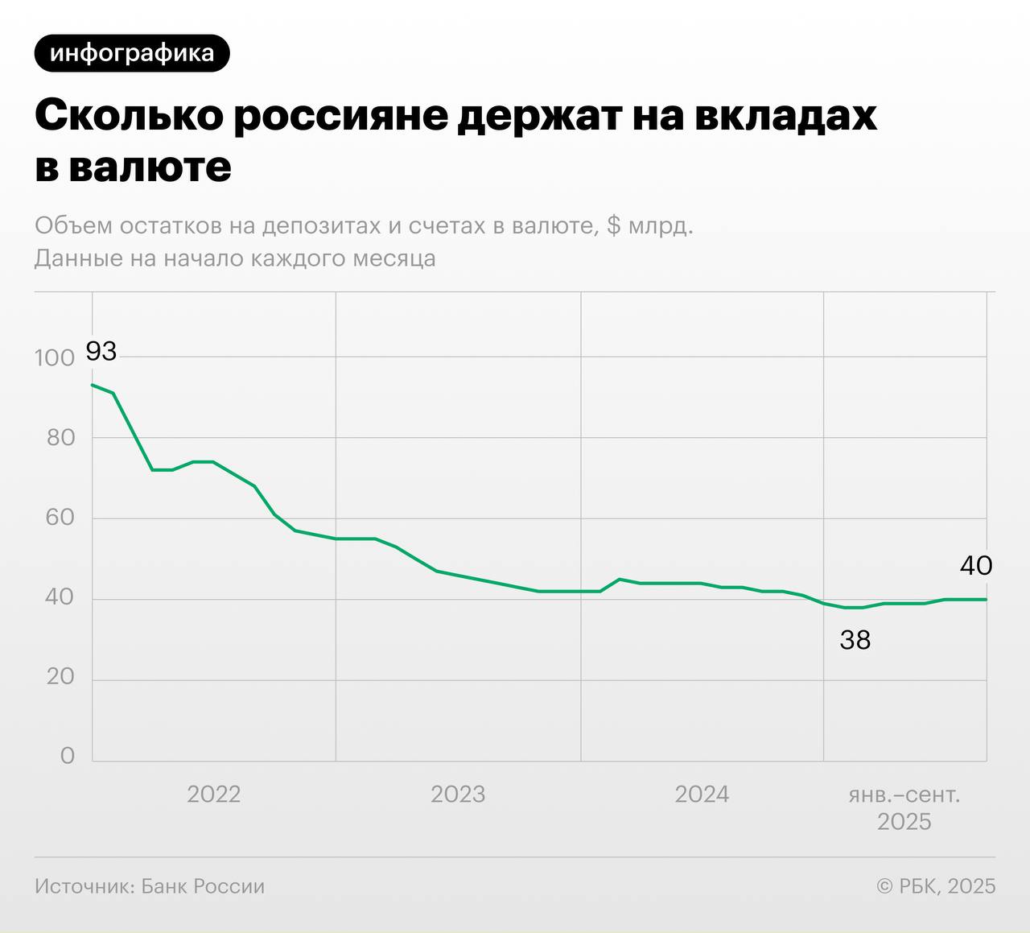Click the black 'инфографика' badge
pos(132,53)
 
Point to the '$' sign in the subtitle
pos(613,225)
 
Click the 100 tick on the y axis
pos(54,358)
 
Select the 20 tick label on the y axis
pos(60,677)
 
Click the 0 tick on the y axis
pos(68,756)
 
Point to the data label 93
pos(101,351)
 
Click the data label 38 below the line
pos(855,640)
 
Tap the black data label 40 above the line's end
pos(975,566)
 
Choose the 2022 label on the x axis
pos(213,795)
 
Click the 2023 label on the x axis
pos(458,795)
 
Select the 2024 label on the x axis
pos(702,795)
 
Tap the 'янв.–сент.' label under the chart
pos(904,795)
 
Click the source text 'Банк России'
pos(203,886)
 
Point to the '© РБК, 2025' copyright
pos(936,886)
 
